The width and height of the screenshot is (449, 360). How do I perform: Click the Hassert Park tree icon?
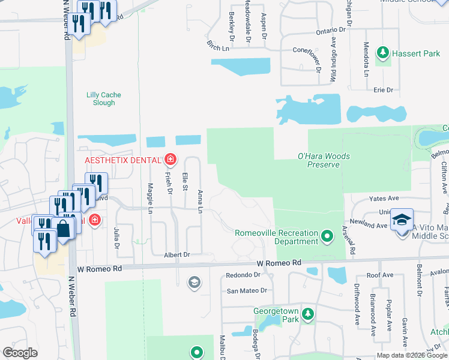(x=382, y=53)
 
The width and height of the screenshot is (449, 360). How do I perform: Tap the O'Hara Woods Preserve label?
(x=324, y=160)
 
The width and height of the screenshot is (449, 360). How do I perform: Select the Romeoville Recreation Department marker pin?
(x=327, y=236)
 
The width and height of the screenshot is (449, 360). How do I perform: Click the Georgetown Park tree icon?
(x=307, y=314)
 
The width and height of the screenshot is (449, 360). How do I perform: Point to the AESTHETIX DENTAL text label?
(x=122, y=160)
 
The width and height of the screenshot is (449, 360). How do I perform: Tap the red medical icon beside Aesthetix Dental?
(x=170, y=160)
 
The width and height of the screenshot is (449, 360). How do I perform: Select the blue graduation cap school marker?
(x=402, y=220)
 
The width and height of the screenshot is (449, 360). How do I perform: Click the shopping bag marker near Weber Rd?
(x=62, y=229)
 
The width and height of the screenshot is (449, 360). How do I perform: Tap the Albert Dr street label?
(x=176, y=255)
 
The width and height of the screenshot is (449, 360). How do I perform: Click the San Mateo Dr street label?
(x=246, y=290)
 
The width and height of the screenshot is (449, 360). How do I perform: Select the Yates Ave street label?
(x=384, y=198)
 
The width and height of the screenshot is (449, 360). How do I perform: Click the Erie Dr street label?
(x=382, y=90)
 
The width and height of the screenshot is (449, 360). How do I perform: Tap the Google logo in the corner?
(x=20, y=353)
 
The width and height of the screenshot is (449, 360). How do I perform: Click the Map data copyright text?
(x=412, y=355)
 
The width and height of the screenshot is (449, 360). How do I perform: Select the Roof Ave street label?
(x=379, y=275)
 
